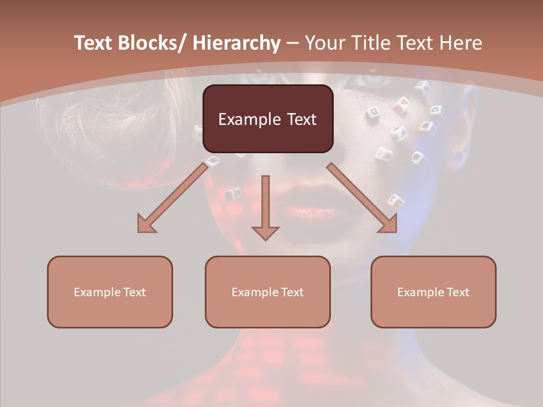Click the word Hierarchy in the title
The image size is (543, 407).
(236, 43)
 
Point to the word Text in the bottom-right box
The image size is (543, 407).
(458, 292)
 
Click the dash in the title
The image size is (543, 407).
(292, 43)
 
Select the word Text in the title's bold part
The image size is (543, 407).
(93, 43)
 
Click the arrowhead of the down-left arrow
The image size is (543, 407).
(146, 225)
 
